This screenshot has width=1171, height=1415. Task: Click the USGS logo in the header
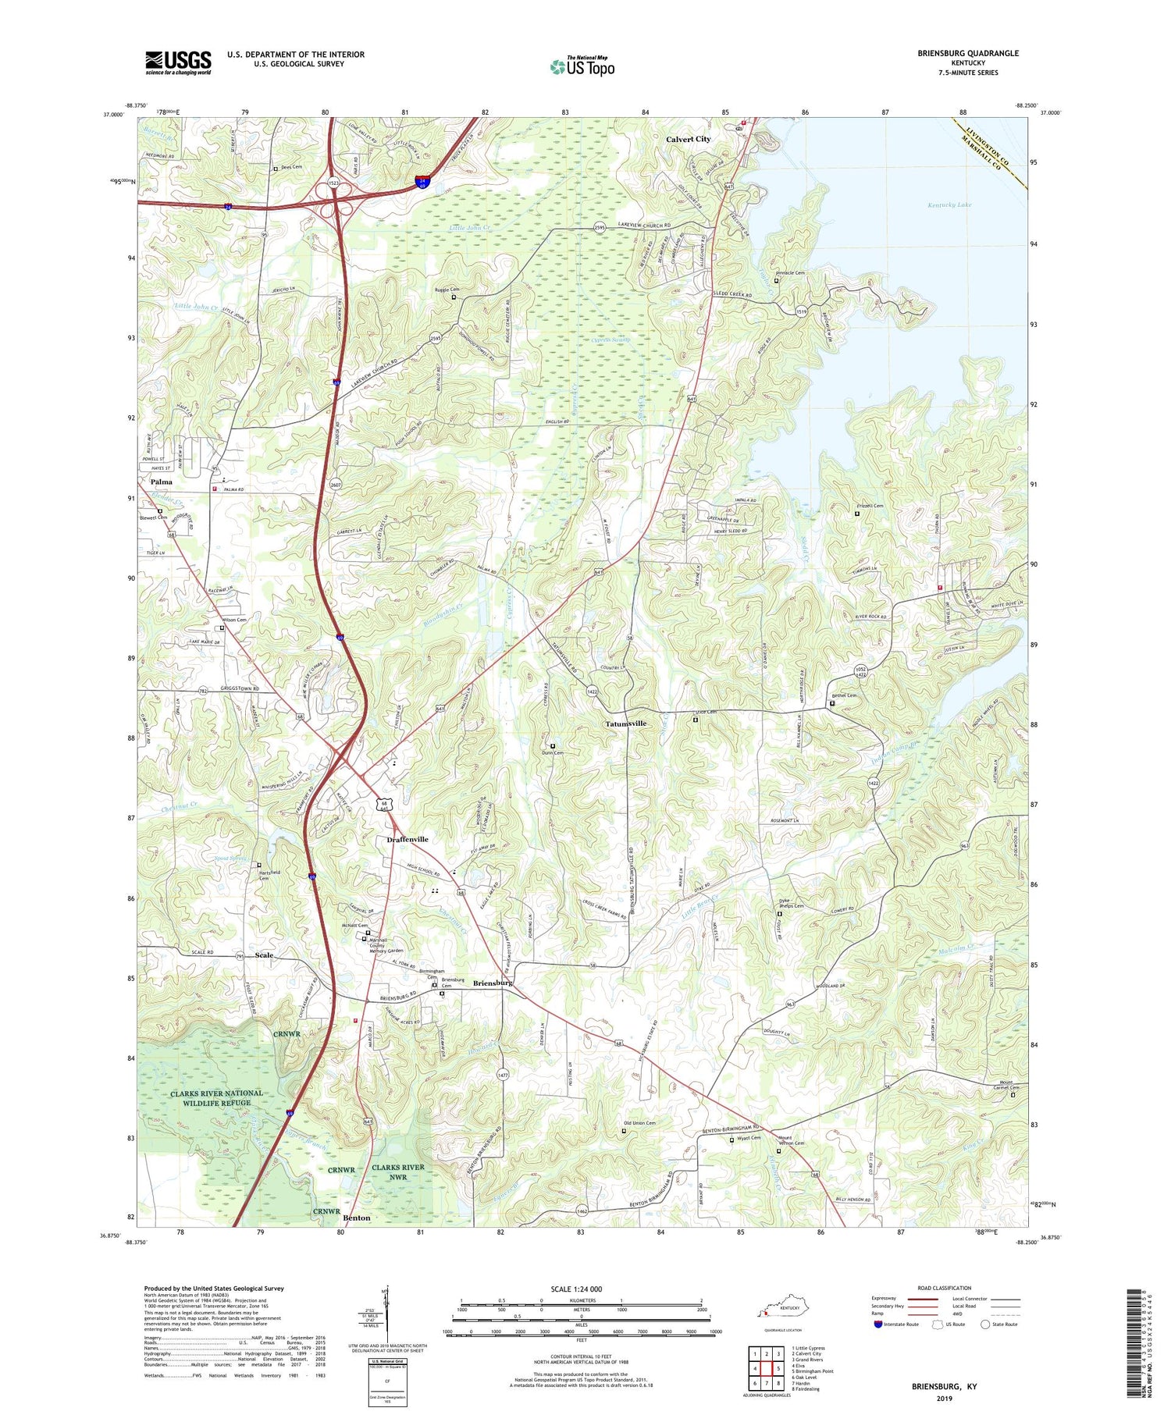pyautogui.click(x=178, y=62)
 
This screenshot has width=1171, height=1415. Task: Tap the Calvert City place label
pyautogui.click(x=688, y=139)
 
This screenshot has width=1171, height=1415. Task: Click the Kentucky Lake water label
pyautogui.click(x=949, y=205)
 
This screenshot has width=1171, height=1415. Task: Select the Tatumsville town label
pyautogui.click(x=626, y=723)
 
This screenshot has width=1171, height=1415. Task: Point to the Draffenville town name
pyautogui.click(x=408, y=839)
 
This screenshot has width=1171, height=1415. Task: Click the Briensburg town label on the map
pyautogui.click(x=493, y=983)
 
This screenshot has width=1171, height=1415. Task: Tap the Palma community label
pyautogui.click(x=162, y=482)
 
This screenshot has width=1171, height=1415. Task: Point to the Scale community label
pyautogui.click(x=265, y=955)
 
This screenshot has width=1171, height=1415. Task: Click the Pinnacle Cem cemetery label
pyautogui.click(x=790, y=273)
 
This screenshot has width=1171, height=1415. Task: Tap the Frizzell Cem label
pyautogui.click(x=870, y=506)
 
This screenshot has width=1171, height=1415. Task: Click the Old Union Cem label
pyautogui.click(x=639, y=1124)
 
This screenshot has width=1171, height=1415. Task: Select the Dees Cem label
pyautogui.click(x=291, y=167)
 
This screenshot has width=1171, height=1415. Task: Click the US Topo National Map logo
pyautogui.click(x=582, y=66)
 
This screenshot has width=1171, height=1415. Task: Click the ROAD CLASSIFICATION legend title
pyautogui.click(x=945, y=1289)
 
